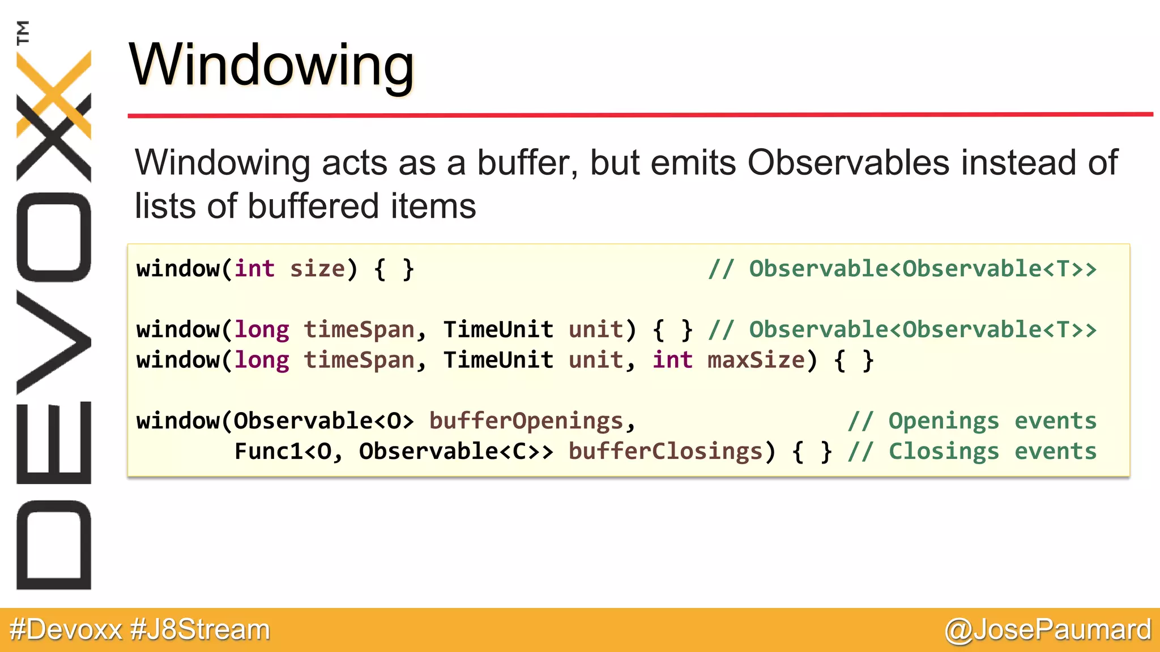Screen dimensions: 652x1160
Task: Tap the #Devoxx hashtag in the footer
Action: [66, 629]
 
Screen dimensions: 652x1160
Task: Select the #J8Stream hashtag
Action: [201, 629]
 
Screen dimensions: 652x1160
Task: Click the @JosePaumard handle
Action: [1048, 629]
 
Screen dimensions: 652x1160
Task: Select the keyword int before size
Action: [254, 268]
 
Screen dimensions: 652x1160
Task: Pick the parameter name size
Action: [317, 268]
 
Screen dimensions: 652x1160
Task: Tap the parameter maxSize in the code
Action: [756, 360]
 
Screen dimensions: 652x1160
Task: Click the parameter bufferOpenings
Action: [526, 421]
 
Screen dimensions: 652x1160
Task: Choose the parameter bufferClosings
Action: [666, 452]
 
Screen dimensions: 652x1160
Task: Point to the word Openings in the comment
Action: [944, 421]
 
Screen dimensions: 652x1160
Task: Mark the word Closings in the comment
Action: [944, 452]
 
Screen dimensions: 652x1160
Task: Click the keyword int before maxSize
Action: [672, 360]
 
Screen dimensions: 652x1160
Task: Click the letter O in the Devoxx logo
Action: [54, 238]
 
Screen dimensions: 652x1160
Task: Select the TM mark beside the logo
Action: [23, 32]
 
